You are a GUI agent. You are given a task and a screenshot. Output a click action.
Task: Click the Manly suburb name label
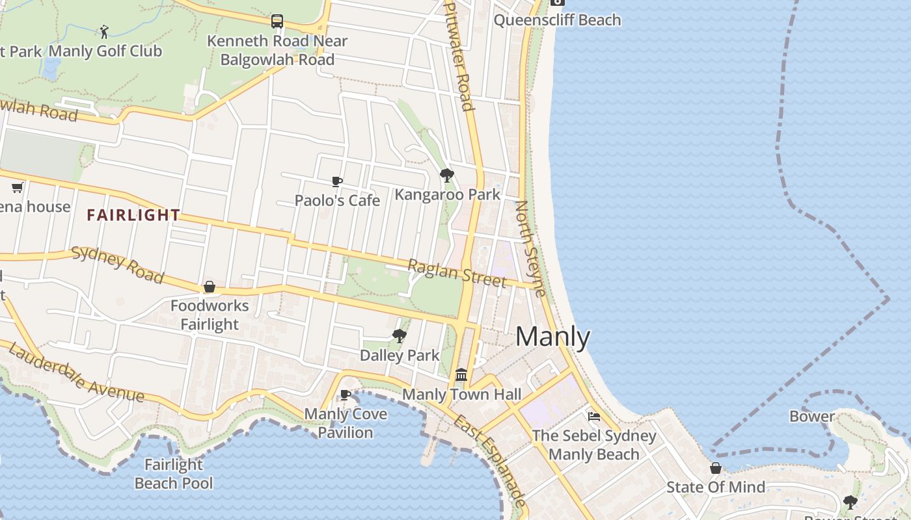click(552, 337)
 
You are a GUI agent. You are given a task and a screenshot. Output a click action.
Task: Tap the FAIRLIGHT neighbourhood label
click(133, 215)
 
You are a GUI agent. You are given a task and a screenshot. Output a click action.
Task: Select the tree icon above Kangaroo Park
click(446, 175)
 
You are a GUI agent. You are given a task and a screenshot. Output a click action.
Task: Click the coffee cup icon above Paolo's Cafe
click(336, 181)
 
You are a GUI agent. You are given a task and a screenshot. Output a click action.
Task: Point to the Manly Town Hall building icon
click(461, 374)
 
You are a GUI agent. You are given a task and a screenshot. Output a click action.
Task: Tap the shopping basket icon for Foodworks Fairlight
click(210, 287)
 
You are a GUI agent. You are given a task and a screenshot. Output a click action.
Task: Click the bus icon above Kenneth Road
click(277, 21)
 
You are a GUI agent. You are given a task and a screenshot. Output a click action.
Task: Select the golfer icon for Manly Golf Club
click(104, 31)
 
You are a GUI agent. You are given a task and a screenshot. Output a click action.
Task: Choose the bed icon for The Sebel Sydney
click(593, 416)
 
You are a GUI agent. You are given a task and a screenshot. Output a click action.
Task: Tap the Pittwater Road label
click(458, 55)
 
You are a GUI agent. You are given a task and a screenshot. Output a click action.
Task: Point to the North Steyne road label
click(530, 248)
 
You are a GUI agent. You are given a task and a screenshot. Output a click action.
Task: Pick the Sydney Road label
click(117, 265)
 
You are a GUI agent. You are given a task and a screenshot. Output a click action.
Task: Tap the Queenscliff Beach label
click(557, 20)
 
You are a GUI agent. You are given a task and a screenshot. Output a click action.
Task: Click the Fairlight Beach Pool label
click(174, 474)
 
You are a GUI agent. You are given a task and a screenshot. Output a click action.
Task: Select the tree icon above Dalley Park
click(400, 336)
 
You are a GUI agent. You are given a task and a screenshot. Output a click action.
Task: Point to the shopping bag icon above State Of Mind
click(715, 468)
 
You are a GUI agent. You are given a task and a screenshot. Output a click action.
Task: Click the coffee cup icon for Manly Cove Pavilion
click(346, 395)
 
